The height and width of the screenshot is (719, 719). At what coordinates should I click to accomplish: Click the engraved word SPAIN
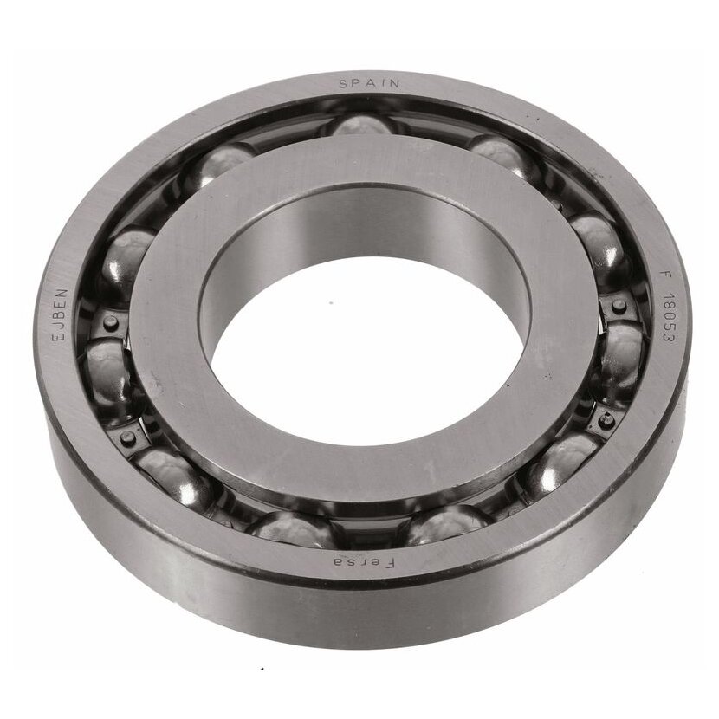point(369,83)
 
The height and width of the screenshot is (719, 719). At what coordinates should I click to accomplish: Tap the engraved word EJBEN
point(61,314)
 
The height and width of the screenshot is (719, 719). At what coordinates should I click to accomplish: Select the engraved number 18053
point(668,319)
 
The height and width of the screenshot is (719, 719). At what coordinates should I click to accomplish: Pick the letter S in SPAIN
point(343,84)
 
